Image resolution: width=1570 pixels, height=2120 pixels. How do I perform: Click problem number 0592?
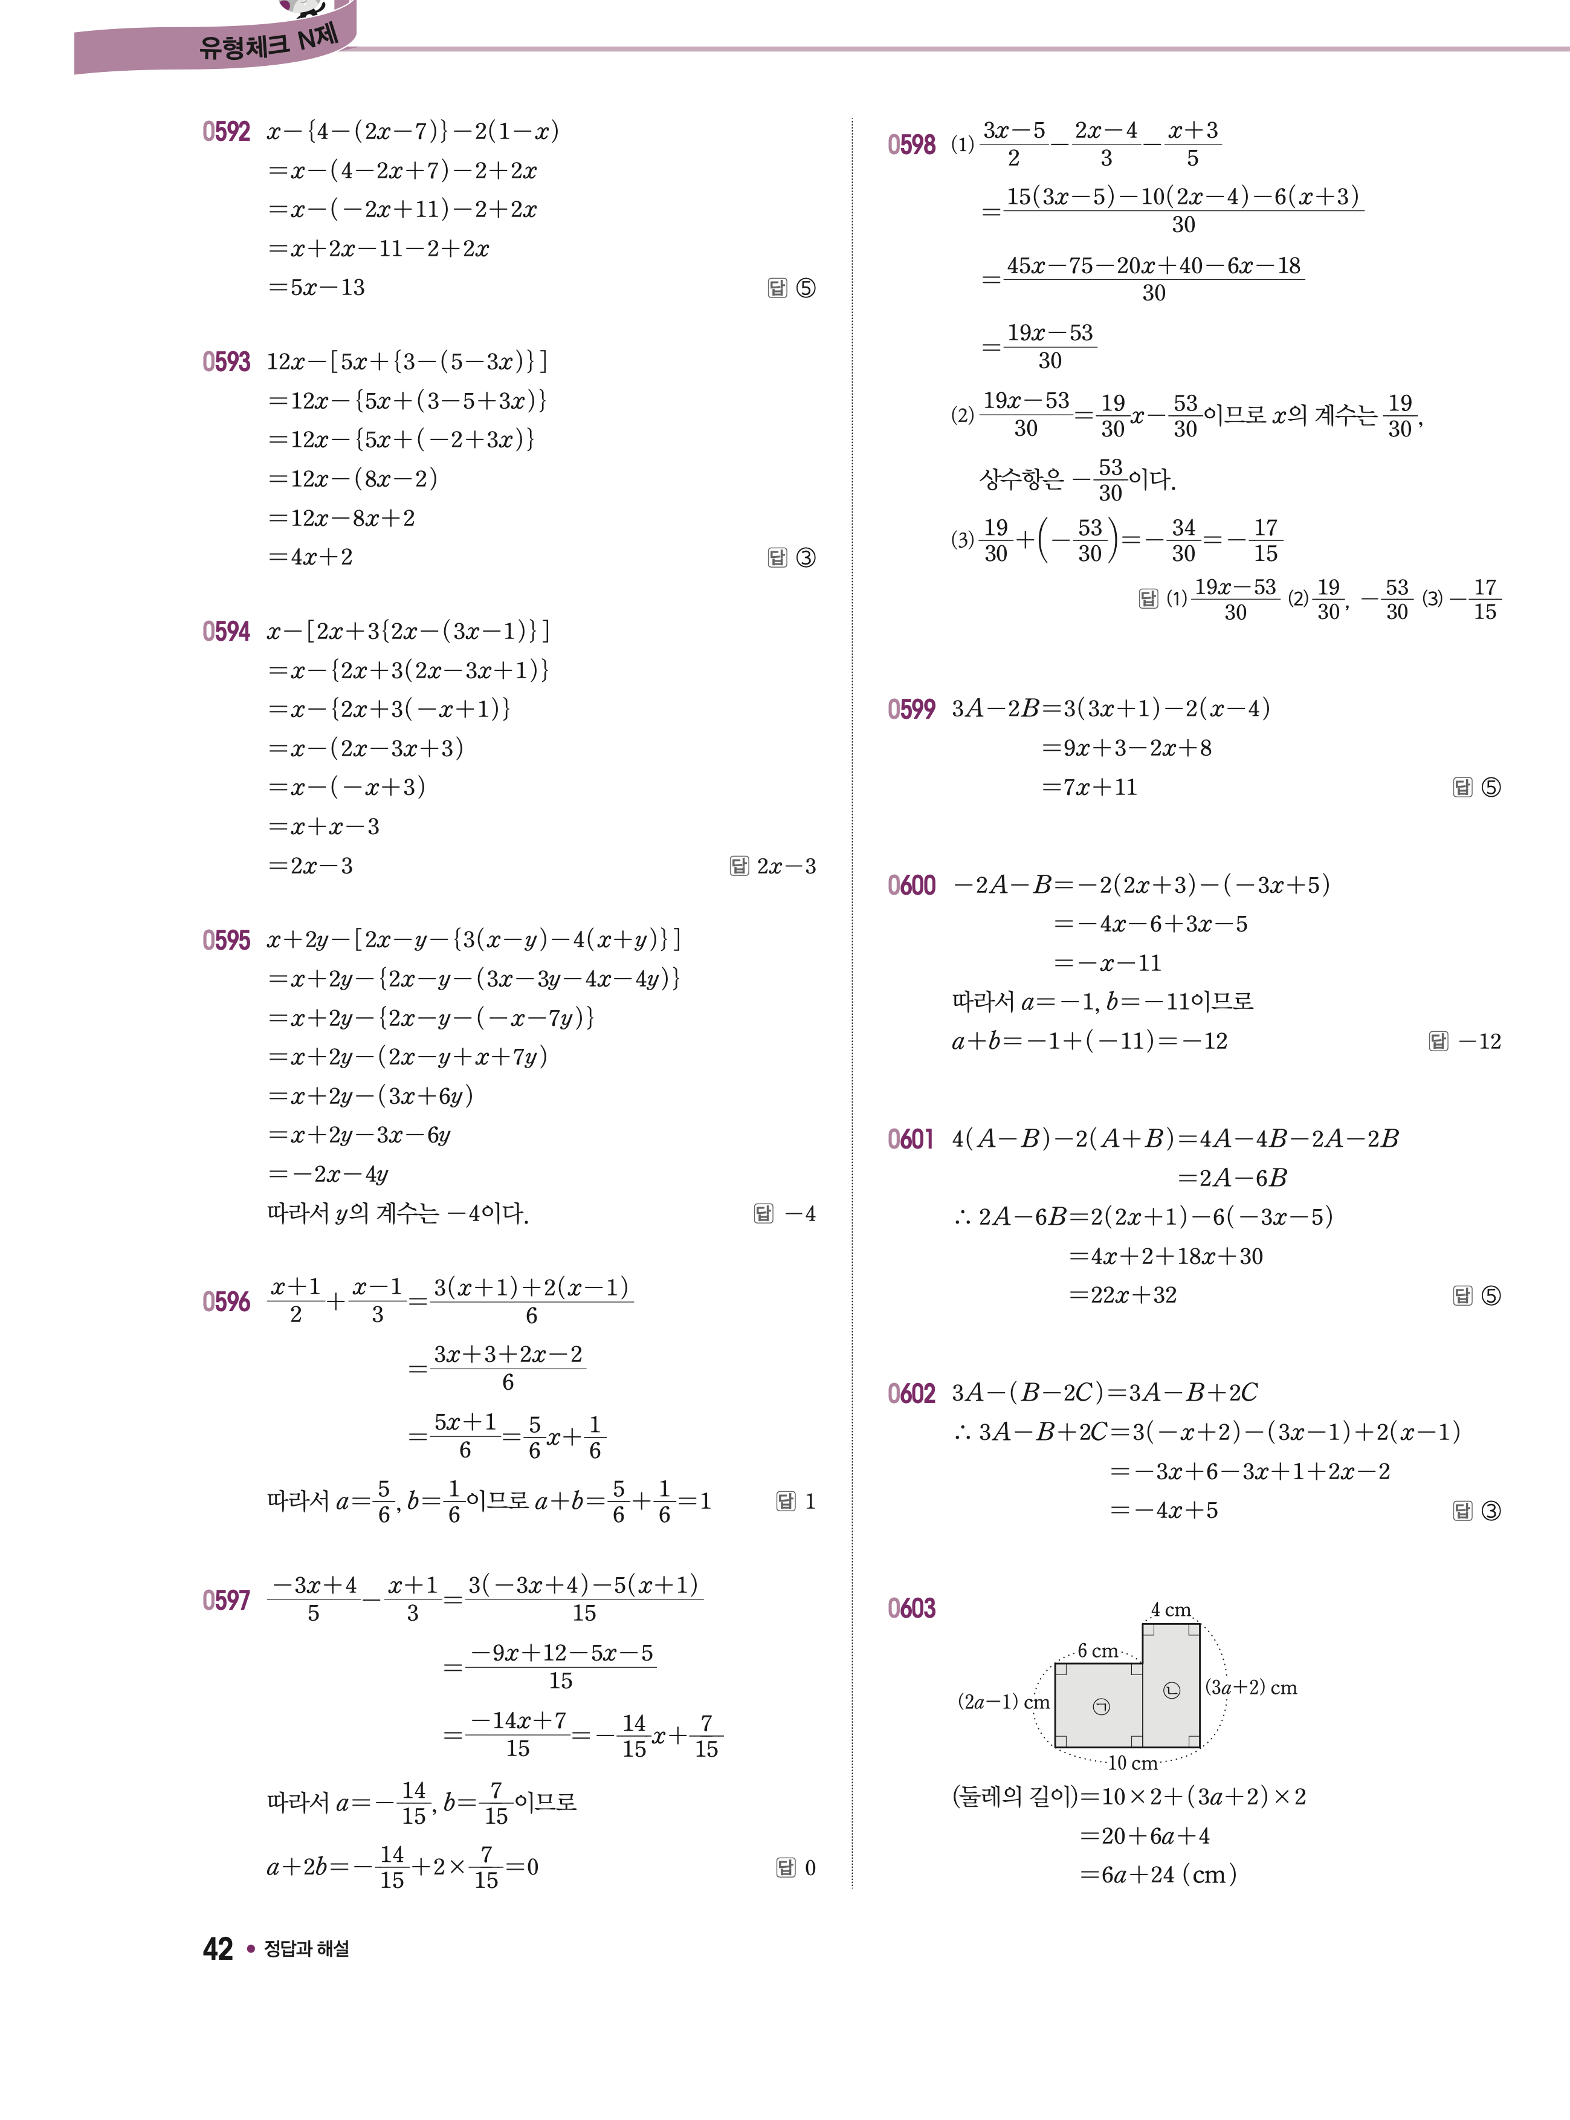tap(226, 131)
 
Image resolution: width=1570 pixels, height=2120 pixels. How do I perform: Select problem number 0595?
tap(226, 940)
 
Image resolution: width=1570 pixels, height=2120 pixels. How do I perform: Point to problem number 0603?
tap(911, 1609)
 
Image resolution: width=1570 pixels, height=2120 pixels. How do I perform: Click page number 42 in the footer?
tap(218, 1949)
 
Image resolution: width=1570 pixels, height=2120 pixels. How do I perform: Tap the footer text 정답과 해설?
tap(306, 1949)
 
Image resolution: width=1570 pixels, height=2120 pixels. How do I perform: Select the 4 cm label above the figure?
tap(1171, 1609)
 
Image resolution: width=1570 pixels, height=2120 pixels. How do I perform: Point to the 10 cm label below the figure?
tap(1132, 1763)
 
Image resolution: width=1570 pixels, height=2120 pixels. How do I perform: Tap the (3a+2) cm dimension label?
tap(1251, 1687)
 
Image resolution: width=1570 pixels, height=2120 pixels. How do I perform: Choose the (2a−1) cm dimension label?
tap(1003, 1702)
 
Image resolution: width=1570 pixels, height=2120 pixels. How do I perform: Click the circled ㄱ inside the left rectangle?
tap(1100, 1707)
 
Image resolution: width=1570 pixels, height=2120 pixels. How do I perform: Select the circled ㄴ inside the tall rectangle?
tap(1172, 1690)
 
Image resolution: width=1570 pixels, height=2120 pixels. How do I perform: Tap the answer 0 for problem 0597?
tap(810, 1868)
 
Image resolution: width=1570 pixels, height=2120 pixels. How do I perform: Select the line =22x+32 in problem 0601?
tap(1123, 1295)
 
